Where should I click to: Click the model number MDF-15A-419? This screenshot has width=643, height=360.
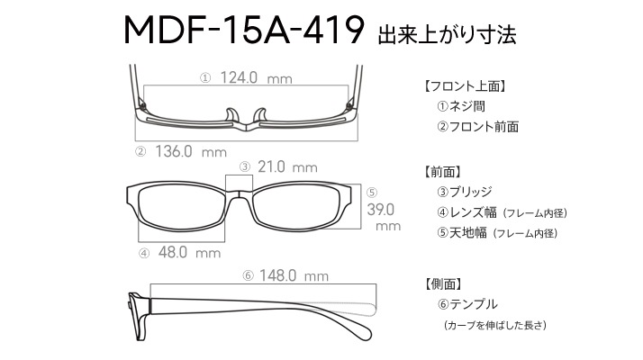[244, 30]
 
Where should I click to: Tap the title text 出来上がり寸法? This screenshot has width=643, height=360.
[447, 34]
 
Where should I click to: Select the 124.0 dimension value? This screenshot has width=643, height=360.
[239, 77]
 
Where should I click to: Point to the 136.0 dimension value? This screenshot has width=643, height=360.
[174, 151]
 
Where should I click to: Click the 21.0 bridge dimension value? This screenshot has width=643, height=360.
[271, 166]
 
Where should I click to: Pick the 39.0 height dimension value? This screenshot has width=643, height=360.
[381, 210]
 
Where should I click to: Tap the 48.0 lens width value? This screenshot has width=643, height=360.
[173, 252]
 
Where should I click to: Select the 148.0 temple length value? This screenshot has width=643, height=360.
[277, 275]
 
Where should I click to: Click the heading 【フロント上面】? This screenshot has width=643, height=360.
[465, 86]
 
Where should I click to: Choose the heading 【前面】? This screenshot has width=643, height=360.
[443, 172]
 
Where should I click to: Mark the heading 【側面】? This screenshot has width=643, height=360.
[443, 283]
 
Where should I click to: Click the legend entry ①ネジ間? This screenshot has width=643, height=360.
[461, 106]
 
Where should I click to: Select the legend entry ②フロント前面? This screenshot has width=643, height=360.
[477, 127]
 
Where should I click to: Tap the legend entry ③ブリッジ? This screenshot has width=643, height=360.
[465, 192]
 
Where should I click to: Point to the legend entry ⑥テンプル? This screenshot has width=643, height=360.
[467, 304]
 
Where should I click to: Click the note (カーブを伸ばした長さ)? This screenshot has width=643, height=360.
[495, 325]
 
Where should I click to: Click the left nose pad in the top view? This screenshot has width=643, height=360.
[231, 115]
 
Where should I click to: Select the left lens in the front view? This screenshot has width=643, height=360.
[179, 208]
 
